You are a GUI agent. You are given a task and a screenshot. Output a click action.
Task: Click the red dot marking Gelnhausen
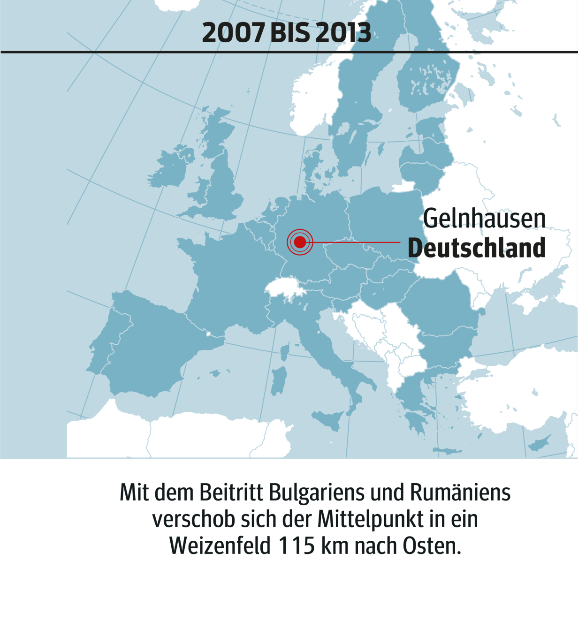(300, 242)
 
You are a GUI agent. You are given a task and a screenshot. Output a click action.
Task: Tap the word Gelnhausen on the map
(484, 219)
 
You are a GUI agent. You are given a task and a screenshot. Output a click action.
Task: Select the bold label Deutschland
(477, 248)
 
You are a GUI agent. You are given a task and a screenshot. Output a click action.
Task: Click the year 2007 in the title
(233, 33)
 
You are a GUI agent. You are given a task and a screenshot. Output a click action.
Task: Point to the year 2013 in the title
(343, 33)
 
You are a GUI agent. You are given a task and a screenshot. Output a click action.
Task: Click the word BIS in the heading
(290, 33)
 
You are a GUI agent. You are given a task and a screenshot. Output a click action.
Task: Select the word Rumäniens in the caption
(460, 492)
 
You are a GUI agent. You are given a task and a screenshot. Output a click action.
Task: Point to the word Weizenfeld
(220, 546)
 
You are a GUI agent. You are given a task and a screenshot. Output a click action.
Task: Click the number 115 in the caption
(297, 546)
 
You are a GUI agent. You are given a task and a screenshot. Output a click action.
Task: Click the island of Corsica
(285, 351)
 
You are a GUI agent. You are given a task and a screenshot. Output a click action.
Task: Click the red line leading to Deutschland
(357, 242)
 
